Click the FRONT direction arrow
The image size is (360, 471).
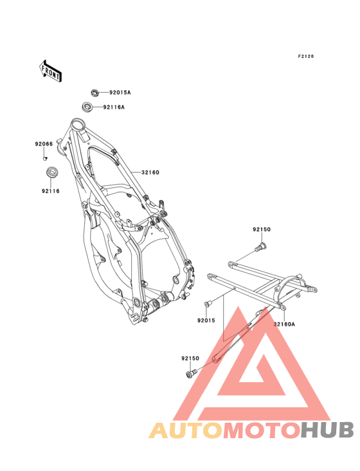(x=50, y=71)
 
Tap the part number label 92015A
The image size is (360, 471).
(x=120, y=93)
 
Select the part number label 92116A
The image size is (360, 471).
(x=114, y=107)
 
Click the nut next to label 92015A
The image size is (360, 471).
(x=95, y=92)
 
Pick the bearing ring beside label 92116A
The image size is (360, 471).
(x=87, y=107)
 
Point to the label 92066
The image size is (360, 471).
(x=44, y=144)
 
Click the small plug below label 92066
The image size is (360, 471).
(x=46, y=158)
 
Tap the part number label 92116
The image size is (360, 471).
(x=51, y=190)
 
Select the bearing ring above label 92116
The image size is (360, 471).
(x=53, y=172)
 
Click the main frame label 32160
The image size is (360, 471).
(x=150, y=172)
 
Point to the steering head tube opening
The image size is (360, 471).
(x=79, y=124)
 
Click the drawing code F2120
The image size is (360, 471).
(x=306, y=56)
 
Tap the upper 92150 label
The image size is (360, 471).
(x=262, y=230)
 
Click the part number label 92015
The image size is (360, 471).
(x=206, y=320)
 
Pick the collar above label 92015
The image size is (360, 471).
(x=207, y=304)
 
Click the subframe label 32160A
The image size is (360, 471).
(x=284, y=324)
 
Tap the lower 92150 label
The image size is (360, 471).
(x=190, y=358)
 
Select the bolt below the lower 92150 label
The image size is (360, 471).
(x=191, y=373)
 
